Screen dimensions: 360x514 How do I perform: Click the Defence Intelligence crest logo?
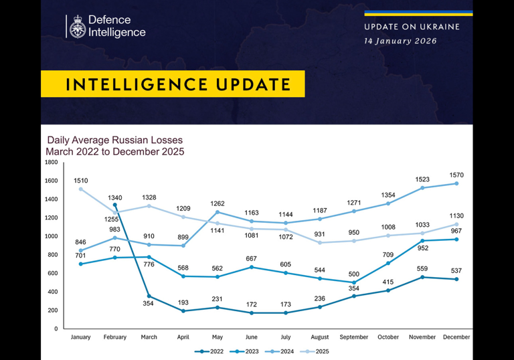[x=77, y=26]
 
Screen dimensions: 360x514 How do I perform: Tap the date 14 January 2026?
[x=400, y=41]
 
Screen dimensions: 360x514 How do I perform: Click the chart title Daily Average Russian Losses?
[x=114, y=141]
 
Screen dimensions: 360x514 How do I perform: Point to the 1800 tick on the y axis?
[x=51, y=162]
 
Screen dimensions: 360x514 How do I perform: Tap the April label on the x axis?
[x=183, y=337]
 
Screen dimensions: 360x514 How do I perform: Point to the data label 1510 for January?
[x=81, y=180]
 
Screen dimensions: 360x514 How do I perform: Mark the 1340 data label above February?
[x=115, y=197]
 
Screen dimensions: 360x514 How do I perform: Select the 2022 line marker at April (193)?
[x=183, y=311]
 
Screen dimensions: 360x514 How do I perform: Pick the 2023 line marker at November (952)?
[x=422, y=241]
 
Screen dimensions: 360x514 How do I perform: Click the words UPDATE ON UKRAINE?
[x=412, y=27]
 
